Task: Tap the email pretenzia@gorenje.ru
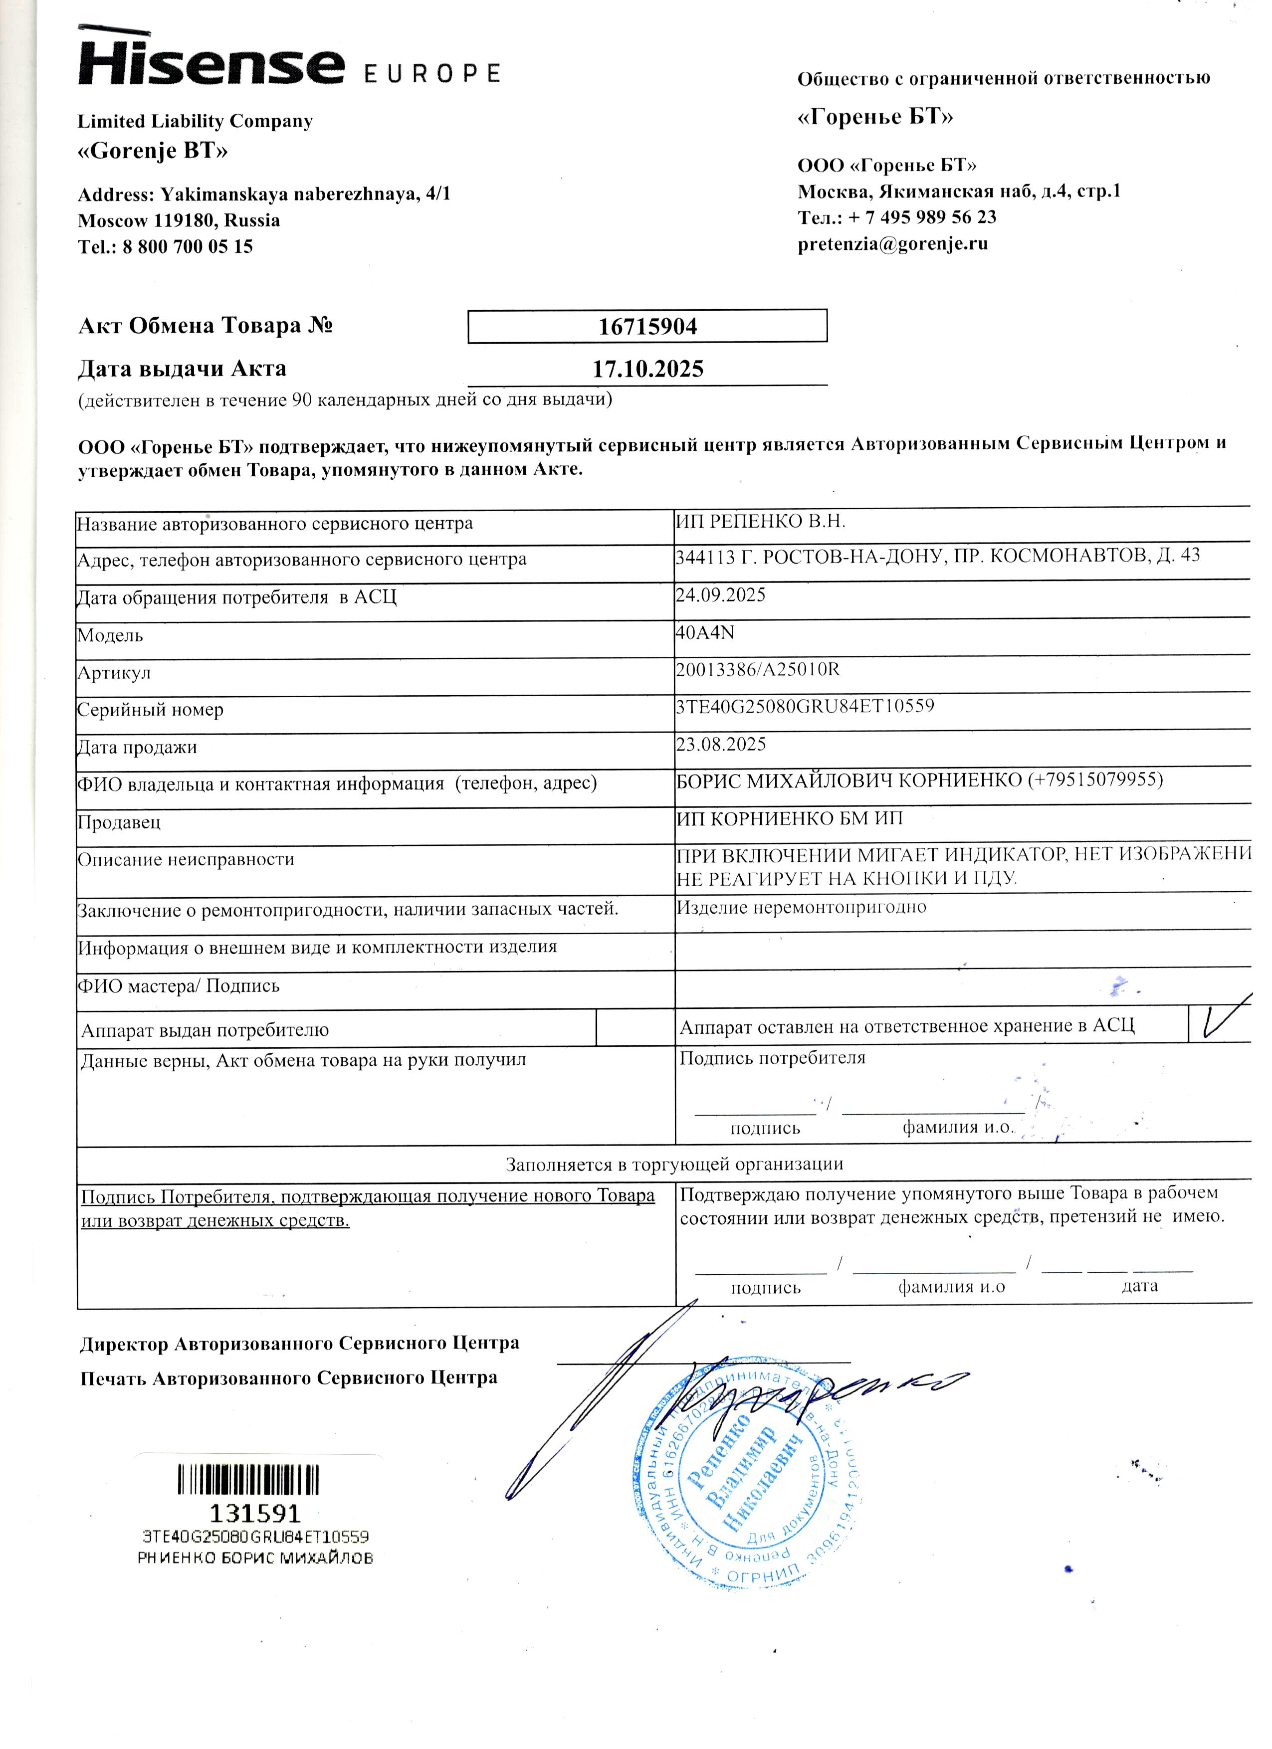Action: coord(892,244)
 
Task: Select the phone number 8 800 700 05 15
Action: coord(188,247)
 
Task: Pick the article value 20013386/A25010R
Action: coord(757,669)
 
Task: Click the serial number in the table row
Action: coord(805,706)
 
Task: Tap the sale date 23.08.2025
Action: coord(720,744)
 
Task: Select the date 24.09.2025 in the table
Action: coord(720,594)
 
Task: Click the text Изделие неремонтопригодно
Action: coord(802,907)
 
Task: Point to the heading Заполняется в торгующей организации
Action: coord(673,1164)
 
